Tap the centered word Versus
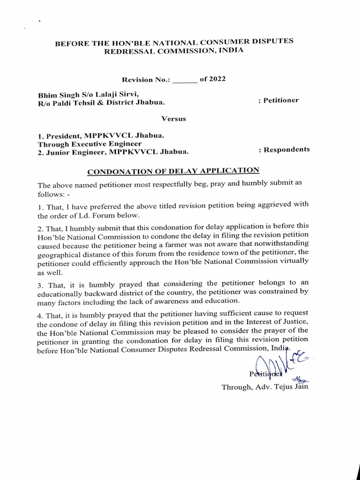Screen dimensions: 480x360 tap(173, 119)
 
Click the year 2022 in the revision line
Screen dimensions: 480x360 tap(217, 79)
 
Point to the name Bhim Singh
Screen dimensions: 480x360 tap(56, 94)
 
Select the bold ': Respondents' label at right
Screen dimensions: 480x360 tap(284, 150)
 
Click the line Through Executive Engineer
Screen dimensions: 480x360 tap(90, 143)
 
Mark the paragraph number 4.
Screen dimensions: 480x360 tap(40, 314)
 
